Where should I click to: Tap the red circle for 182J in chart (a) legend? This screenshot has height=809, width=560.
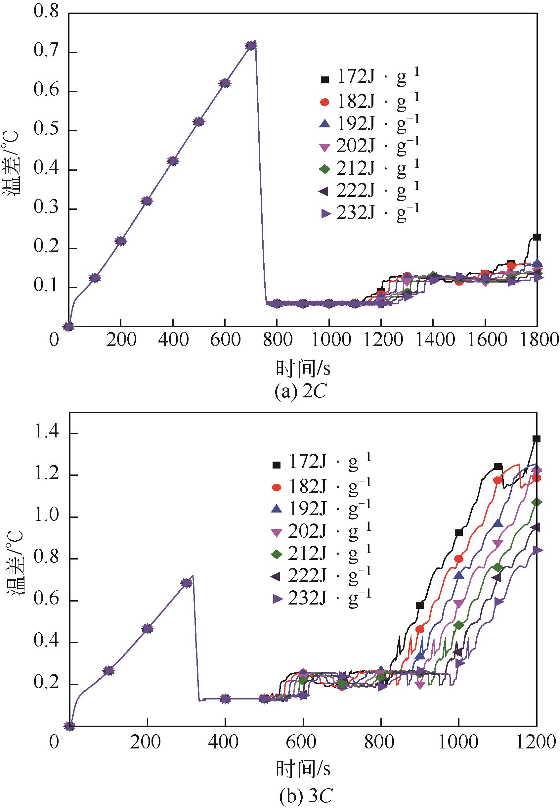coord(325,102)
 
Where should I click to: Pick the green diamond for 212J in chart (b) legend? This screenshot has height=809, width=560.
coord(277,554)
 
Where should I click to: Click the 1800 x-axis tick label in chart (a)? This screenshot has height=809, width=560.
coord(537,340)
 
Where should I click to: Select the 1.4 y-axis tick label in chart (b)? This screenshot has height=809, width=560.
coord(45,433)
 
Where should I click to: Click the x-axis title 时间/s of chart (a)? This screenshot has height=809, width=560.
coord(303,368)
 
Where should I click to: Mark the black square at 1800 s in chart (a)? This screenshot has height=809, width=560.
coord(537,237)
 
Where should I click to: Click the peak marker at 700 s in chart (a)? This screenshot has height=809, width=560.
coord(251,46)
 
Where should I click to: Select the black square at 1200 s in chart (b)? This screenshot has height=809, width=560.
coord(536,439)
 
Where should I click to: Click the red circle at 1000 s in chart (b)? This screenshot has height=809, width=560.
coord(458,559)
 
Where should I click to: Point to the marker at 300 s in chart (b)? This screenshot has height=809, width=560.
coord(187,583)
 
